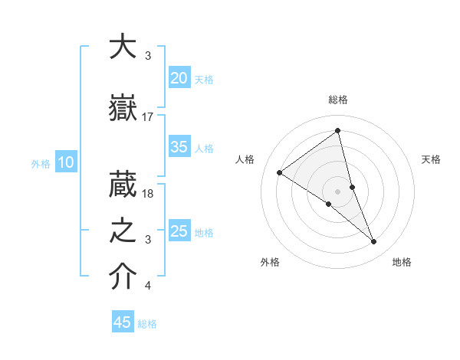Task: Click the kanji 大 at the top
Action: [123, 47]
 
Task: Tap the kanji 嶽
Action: [123, 108]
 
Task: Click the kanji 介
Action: [123, 278]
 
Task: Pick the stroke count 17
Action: [148, 117]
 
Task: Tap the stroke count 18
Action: [148, 194]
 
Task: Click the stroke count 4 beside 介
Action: [148, 286]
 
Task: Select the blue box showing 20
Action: [179, 78]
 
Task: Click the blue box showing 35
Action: [179, 147]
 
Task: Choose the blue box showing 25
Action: [179, 231]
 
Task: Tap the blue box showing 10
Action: [65, 162]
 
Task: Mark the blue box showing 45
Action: [123, 322]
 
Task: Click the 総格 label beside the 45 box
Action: [147, 324]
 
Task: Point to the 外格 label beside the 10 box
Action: [41, 163]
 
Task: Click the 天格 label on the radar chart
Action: [431, 159]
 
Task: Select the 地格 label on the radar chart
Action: [402, 262]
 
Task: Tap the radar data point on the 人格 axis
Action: [280, 172]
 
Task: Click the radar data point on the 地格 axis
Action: [374, 242]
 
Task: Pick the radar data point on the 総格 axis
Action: [338, 130]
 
